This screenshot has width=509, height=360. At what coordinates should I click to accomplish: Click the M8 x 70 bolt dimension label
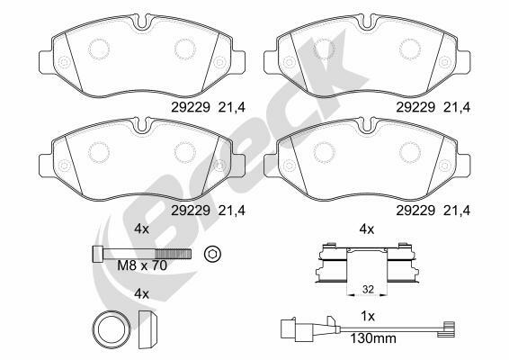142,265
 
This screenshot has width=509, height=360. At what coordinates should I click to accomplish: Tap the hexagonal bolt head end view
212,253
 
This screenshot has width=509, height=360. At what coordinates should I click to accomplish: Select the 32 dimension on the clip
368,289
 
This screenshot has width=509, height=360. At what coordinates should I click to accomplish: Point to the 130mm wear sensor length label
373,339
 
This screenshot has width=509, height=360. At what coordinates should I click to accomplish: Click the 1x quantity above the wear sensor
368,316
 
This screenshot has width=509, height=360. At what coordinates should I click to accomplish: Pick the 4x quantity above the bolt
141,229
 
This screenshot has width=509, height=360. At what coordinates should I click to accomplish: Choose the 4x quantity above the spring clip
367,229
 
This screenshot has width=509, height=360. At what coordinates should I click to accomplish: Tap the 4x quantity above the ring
141,294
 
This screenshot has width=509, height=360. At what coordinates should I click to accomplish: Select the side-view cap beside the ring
147,329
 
